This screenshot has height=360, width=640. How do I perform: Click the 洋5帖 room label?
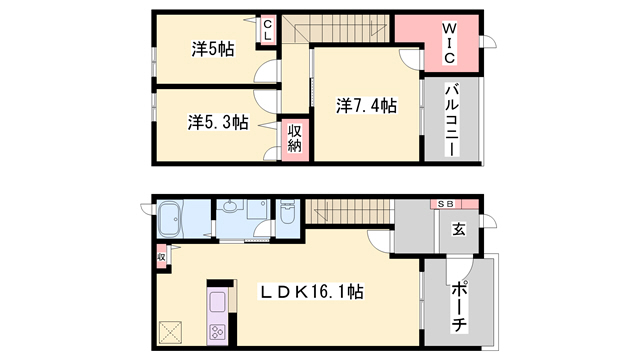coord(213,47)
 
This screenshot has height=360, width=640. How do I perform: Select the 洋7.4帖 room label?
coord(367,105)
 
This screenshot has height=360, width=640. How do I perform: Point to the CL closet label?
coord(268,31)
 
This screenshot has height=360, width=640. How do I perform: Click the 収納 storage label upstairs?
coord(295,138)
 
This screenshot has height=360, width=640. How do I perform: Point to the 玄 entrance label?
coord(458,229)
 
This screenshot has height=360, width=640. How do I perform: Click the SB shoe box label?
coord(443,204)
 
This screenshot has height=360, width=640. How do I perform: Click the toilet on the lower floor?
coord(288,214)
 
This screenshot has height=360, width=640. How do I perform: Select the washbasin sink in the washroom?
coord(232,209)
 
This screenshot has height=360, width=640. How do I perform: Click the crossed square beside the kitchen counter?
coord(170,331)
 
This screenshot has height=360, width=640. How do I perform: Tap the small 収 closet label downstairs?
coord(161,258)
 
